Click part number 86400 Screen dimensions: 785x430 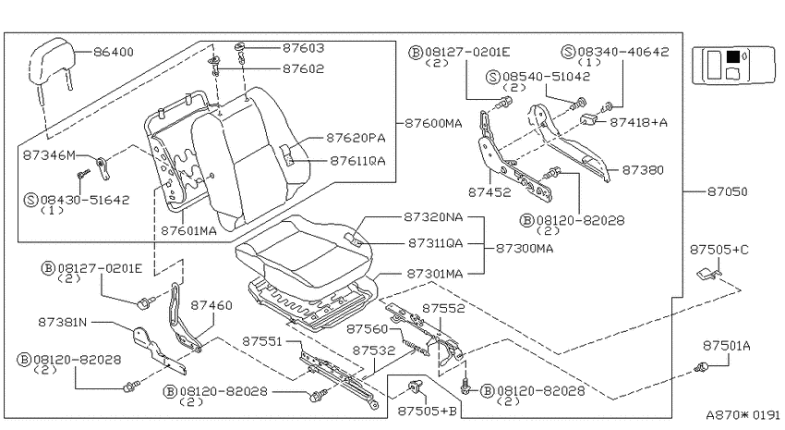tap(114, 52)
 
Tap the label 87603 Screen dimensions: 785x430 tap(304, 48)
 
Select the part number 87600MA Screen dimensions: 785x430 tap(433, 123)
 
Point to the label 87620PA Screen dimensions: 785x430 tap(356, 138)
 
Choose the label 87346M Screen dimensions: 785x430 tap(49, 155)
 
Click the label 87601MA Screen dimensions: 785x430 tap(188, 230)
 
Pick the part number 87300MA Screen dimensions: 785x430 tap(525, 248)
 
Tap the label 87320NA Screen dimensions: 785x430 tap(433, 217)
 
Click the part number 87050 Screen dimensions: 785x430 tap(727, 191)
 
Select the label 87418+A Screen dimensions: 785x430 tap(638, 122)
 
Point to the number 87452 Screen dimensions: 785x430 tap(489, 192)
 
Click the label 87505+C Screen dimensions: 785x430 tap(719, 250)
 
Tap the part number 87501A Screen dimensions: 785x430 tap(727, 346)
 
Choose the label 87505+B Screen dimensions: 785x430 tap(427, 411)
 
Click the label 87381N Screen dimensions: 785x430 tap(62, 322)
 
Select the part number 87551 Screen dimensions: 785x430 tap(262, 341)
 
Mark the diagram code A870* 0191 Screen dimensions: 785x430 tap(743, 415)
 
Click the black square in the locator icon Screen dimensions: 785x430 tap(733, 56)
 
